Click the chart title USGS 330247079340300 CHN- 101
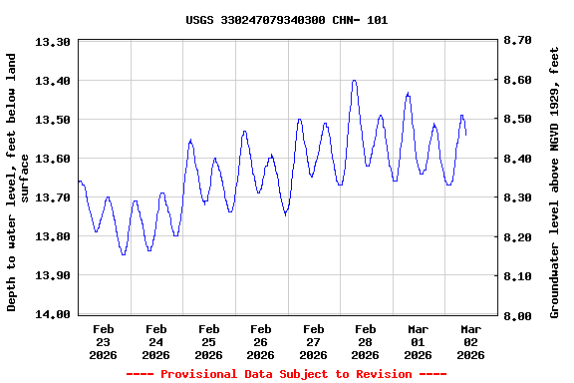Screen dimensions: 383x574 287,20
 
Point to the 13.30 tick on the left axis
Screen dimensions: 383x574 52,42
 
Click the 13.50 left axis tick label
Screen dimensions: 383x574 52,120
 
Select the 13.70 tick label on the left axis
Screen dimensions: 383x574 52,197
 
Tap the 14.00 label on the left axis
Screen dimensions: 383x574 52,314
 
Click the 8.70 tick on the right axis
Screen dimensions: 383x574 518,41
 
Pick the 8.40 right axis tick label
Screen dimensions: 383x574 518,159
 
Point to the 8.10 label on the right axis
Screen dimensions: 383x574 518,276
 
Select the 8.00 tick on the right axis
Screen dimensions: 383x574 518,315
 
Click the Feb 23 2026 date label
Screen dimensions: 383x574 104,341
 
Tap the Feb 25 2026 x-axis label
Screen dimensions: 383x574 208,341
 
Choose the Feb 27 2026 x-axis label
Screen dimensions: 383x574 313,341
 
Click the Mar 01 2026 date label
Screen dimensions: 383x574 418,341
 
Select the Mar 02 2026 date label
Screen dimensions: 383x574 470,341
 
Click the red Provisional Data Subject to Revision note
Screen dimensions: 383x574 287,374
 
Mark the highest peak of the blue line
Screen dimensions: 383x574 354,81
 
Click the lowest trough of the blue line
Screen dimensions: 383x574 124,254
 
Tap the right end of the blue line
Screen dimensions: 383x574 465,134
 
